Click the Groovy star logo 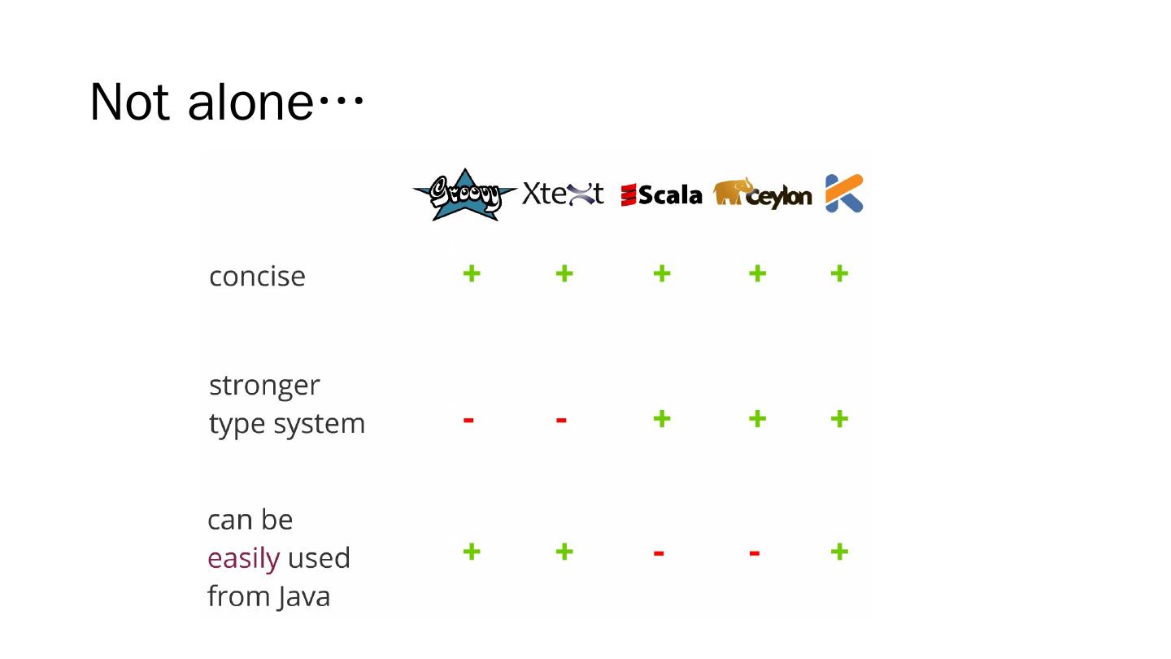[464, 194]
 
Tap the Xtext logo [563, 194]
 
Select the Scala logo [661, 195]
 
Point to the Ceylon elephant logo [762, 194]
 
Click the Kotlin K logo [844, 193]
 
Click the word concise [257, 277]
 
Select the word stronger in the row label [264, 385]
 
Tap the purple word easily [243, 558]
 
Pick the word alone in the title [250, 103]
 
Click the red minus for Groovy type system [468, 420]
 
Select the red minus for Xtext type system [561, 420]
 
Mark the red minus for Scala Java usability [659, 553]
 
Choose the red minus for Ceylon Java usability [755, 553]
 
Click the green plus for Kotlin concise [839, 273]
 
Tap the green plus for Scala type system [662, 419]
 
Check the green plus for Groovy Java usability [471, 552]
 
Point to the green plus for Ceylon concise [757, 273]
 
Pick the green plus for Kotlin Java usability [839, 552]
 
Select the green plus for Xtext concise [564, 273]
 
